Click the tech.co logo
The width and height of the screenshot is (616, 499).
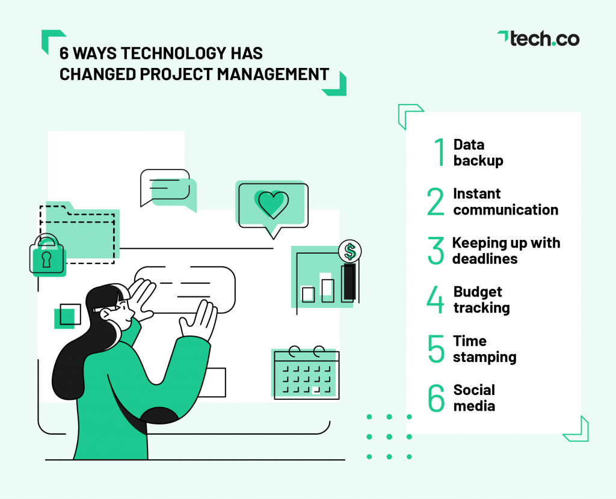[x=538, y=38]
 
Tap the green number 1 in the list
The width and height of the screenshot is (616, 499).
[x=440, y=153]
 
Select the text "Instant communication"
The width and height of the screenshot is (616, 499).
[x=505, y=201]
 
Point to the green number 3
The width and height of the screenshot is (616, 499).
[x=436, y=251]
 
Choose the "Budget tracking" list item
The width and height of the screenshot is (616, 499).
[x=481, y=299]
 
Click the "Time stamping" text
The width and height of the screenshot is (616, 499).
[x=484, y=349]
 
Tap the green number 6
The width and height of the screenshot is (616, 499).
[x=436, y=398]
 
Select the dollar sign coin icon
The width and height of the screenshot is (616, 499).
[x=350, y=251]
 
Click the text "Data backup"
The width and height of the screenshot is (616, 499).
[x=478, y=153]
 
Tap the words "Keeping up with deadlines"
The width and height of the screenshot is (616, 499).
[x=505, y=251]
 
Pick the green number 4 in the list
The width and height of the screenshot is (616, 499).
[x=436, y=300]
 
